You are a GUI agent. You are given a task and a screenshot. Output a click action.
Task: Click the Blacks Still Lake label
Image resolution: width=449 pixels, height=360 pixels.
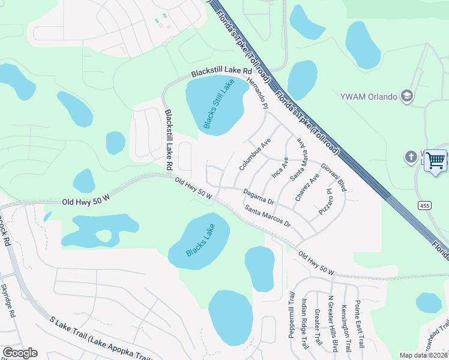tap(217, 104)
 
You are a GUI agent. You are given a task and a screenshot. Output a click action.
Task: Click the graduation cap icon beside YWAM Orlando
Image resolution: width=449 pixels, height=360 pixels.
tap(407, 96)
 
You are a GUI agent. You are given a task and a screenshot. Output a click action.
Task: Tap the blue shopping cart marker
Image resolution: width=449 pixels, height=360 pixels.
tap(436, 161)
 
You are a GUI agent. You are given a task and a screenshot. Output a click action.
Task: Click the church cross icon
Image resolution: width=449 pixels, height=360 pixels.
tap(411, 158)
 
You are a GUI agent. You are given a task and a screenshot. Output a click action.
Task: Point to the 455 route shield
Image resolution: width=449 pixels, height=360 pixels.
tap(424, 205)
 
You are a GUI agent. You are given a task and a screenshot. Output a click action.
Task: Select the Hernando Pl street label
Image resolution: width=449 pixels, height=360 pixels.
tap(256, 92)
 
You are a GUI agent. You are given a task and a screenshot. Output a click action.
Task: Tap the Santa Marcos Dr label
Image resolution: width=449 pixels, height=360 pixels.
tap(267, 216)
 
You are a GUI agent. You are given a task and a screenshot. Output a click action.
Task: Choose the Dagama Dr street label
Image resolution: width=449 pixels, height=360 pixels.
tap(259, 197)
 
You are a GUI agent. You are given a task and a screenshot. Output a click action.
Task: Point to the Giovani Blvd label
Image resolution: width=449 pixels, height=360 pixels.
tap(333, 177)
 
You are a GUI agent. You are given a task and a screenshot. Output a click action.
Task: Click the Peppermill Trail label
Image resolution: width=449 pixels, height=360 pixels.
tap(291, 314)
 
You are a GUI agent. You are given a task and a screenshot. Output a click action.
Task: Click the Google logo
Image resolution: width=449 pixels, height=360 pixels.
tap(20, 353)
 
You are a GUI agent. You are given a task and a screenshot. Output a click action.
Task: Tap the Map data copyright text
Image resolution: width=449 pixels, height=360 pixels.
tap(424, 355)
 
